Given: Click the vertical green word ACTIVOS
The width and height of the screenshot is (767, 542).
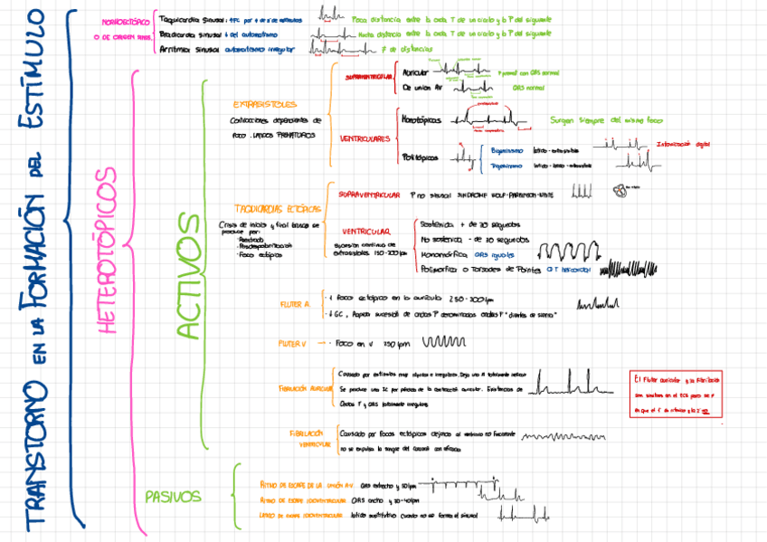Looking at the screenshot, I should pyautogui.click(x=188, y=276).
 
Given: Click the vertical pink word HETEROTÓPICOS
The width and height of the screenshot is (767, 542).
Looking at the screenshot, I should pyautogui.click(x=107, y=251).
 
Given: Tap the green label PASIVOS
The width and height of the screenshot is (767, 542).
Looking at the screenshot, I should pyautogui.click(x=173, y=496).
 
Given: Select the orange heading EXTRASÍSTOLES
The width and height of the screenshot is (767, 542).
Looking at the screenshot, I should pyautogui.click(x=264, y=104).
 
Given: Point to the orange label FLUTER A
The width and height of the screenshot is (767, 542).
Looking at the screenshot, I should pyautogui.click(x=295, y=304).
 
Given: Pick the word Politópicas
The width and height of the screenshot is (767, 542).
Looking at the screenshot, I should pyautogui.click(x=419, y=157).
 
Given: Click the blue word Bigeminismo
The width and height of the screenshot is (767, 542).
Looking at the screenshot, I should pyautogui.click(x=506, y=150).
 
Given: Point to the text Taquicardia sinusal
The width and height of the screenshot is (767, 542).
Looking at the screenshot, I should pyautogui.click(x=190, y=17).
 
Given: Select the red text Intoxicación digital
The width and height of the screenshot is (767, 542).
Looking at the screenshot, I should pyautogui.click(x=685, y=144).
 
